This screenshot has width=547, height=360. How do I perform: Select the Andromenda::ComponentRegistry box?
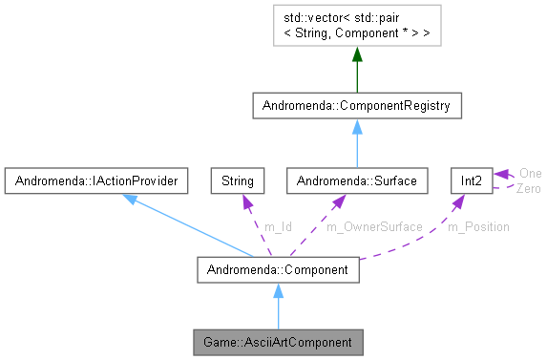pos(356,104)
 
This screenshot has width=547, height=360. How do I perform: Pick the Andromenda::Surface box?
pos(355,179)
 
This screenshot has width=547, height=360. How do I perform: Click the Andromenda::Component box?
pos(278,270)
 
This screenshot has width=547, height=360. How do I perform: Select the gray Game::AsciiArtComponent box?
pos(278,341)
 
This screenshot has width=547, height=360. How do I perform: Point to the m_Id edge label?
pos(279,227)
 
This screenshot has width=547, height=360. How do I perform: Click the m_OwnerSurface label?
pos(373,227)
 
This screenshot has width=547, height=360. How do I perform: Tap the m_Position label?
pos(478,227)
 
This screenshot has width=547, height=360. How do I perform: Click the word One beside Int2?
pos(530,174)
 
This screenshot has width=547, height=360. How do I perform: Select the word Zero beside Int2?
pos(529,188)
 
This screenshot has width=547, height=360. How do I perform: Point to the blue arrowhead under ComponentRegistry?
pos(356,126)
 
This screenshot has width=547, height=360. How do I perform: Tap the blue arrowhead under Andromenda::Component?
pos(278,291)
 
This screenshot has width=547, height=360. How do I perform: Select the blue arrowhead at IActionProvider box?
pos(130,198)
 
